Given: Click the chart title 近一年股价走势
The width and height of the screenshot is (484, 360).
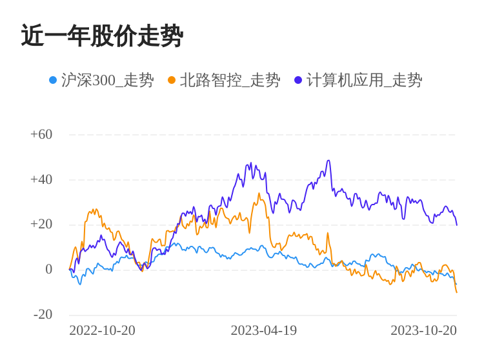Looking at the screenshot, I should pos(102,36).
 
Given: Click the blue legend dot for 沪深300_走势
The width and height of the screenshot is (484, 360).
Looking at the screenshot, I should pos(53,80).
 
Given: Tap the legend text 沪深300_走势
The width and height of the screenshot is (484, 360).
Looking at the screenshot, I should pos(107,80).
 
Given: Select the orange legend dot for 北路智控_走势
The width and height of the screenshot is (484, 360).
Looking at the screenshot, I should pos(172,80).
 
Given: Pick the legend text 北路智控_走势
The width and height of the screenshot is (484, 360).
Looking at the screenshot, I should pos(230,80).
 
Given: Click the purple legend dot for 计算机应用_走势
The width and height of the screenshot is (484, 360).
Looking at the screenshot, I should pos(298,80).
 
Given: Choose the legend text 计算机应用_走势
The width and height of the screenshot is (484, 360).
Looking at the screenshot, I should pos(364,80).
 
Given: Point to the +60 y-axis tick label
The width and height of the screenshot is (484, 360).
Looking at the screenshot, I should pos(41,134).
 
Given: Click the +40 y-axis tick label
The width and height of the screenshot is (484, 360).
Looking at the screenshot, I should pos(41,179).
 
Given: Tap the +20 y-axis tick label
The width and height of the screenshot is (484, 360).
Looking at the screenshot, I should pos(41,224).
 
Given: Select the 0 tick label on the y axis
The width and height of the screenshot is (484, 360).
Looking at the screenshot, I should pos(48,269).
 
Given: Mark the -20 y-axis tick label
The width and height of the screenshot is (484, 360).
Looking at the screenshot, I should pos(43,314).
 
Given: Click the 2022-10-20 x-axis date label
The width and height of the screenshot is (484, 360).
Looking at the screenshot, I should pos(102,330).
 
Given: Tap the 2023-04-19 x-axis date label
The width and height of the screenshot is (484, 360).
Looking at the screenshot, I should pos(263,330).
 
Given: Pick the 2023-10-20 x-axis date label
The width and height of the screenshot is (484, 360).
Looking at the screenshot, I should pos(423,330).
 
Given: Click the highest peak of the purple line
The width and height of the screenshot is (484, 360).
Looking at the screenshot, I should pos(328,161).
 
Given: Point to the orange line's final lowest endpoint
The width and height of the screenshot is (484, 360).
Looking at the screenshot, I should pos(457,292).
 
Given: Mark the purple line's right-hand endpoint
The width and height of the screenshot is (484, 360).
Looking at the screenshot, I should pos(457,225).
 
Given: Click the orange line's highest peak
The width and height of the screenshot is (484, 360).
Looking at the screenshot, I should pos(259,193).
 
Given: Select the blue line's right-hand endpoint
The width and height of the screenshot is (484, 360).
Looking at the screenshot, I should pos(456,284).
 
